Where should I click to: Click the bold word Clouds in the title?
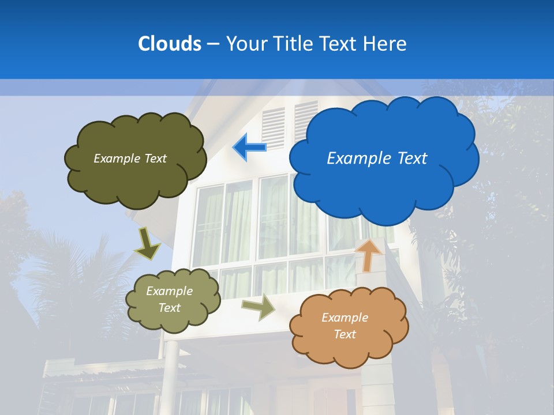coord(169,43)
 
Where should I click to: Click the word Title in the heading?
coord(293,43)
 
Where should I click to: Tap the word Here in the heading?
coord(385,43)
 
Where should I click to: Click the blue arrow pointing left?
coord(250,147)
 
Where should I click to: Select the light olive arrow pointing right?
coord(259,307)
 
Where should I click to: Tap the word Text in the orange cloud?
coord(345,334)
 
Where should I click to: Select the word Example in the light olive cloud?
coord(169,291)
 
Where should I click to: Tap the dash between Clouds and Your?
coord(213,44)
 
